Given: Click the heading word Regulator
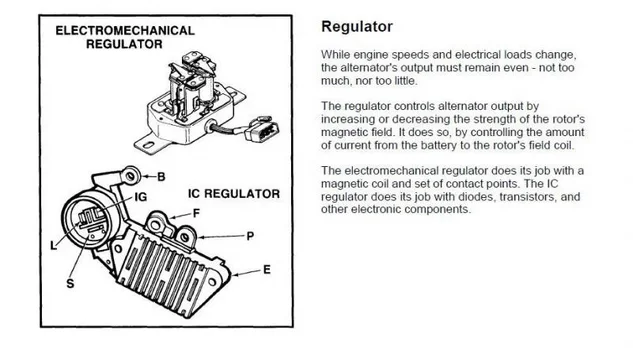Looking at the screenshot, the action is point(357,27).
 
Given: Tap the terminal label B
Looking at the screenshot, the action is point(161,177).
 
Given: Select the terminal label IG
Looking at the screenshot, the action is point(140,197).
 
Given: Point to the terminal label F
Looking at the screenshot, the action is point(196,213).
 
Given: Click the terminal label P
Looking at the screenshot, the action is point(250,236).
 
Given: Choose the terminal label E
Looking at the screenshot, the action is point(267,270).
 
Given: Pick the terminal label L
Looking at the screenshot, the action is point(53,245).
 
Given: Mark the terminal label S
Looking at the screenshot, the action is point(70,284).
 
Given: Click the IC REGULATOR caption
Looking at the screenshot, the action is point(234,194).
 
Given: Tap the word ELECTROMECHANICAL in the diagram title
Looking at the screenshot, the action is point(125,31).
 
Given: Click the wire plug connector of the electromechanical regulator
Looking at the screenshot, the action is point(262,129).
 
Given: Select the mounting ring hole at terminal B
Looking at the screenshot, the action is point(130,176).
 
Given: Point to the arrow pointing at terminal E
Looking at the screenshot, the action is point(246,273).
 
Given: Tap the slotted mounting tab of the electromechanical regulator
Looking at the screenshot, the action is point(148,144).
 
